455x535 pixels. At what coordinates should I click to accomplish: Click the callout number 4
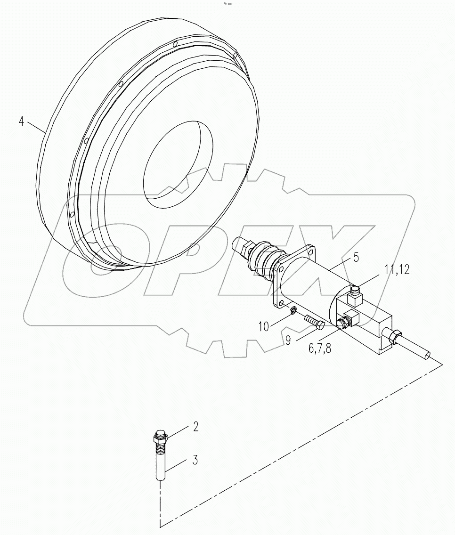21,121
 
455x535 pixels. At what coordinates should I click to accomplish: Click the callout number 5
356,258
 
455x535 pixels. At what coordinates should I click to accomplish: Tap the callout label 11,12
398,269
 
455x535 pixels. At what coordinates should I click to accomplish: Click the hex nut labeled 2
160,438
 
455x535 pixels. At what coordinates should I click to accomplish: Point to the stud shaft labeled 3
160,464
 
